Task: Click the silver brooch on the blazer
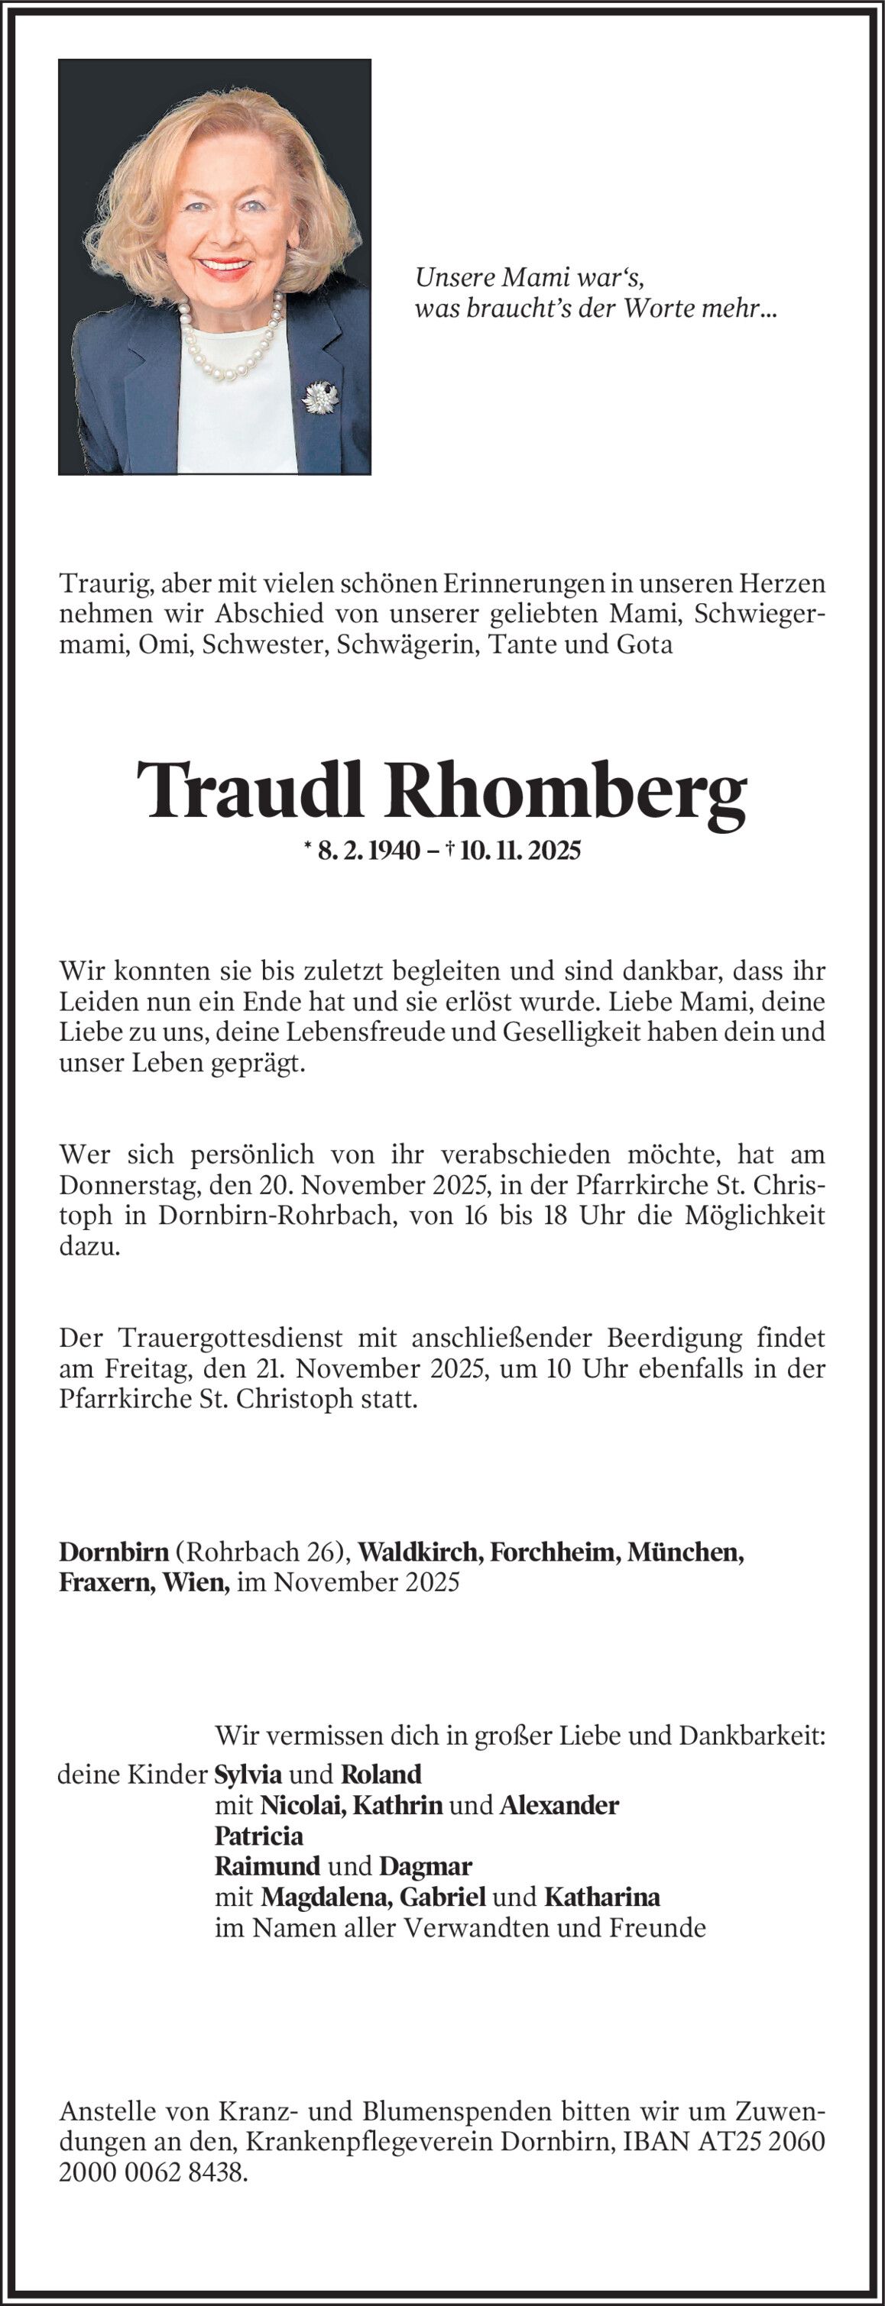pyautogui.click(x=318, y=396)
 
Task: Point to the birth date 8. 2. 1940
pyautogui.click(x=368, y=851)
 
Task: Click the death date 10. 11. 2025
pyautogui.click(x=520, y=851)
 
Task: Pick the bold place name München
pyautogui.click(x=686, y=1551)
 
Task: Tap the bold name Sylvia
pyautogui.click(x=248, y=1773)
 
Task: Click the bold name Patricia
pyautogui.click(x=259, y=1836)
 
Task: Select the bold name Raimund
pyautogui.click(x=267, y=1866)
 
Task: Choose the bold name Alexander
pyautogui.click(x=559, y=1804)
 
